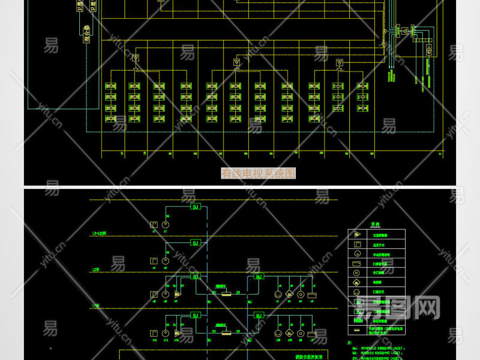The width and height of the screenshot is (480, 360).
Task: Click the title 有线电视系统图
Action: tap(259, 173)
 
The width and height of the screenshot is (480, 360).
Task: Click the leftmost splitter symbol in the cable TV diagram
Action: tap(136, 58)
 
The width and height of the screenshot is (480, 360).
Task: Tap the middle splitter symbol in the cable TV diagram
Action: tap(236, 62)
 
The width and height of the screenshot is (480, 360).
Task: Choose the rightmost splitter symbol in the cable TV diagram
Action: tap(338, 62)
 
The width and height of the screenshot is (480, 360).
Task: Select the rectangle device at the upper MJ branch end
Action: tap(311, 295)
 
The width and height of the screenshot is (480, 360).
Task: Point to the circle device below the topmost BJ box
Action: tap(166, 225)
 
